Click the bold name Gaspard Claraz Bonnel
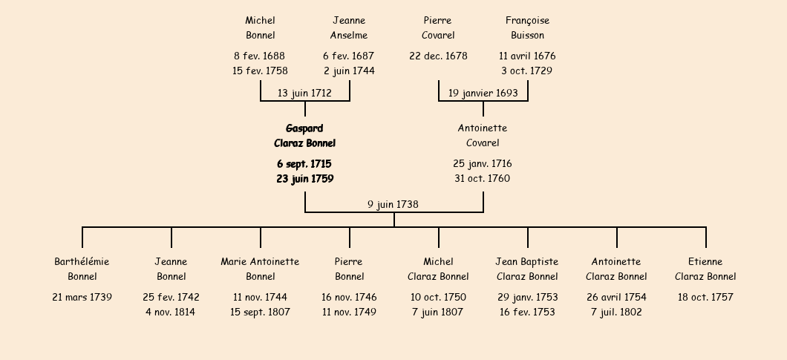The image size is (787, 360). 304,136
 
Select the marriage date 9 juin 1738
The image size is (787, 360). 393,204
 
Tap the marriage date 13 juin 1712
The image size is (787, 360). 304,93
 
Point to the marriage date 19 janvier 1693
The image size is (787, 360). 483,93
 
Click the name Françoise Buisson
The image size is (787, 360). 527,27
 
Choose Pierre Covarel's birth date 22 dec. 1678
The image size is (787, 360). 438,56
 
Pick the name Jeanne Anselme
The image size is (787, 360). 349,27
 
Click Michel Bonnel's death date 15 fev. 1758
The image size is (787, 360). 260,71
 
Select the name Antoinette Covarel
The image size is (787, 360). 483,136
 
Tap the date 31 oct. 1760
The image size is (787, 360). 483,178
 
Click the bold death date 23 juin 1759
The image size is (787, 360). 304,179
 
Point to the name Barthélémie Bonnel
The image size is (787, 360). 82,269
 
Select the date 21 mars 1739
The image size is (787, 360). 82,297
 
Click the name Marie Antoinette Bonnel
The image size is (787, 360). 260,269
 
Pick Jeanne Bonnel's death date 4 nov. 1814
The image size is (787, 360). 171,312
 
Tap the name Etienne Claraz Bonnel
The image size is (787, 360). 705,269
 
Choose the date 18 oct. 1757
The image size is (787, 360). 705,297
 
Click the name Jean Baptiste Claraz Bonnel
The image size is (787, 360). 527,269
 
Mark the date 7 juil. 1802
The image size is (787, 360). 616,312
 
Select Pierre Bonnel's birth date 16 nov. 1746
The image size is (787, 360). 349,297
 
